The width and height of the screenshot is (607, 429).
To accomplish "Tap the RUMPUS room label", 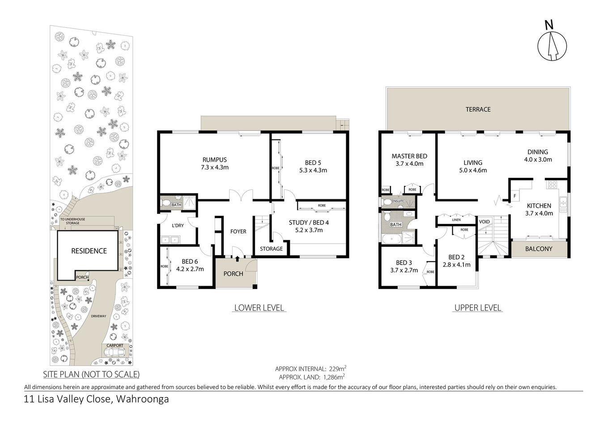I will coord(215,160).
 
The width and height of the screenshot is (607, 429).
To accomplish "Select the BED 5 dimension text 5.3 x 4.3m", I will coord(313,170).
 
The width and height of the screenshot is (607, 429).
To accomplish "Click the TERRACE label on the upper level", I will coord(478,109).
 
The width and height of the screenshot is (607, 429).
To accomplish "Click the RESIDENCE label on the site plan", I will coord(89,251).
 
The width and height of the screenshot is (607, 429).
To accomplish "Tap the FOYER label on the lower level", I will coord(238,231).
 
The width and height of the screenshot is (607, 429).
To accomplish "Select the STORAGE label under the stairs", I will coord(272,248).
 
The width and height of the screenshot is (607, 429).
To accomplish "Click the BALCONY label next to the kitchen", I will coord(539,248).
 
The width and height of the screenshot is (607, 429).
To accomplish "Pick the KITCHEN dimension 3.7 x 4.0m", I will coord(539,213).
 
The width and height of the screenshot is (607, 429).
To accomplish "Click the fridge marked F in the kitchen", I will coord(515,196).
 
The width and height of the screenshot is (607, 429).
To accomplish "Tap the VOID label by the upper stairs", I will coord(484,222).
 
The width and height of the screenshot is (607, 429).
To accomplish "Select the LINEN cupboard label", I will coord(456,220).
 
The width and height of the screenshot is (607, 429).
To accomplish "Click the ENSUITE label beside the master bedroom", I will coord(397,201).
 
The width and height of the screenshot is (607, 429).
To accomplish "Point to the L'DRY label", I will coord(178,226).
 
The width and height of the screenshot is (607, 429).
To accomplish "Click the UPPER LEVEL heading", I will coord(478,308).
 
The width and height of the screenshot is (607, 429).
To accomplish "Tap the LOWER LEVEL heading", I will coord(259,308).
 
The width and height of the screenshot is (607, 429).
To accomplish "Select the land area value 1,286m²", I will coord(331,377).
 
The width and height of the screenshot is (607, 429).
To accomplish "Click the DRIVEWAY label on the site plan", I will coord(99,316).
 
